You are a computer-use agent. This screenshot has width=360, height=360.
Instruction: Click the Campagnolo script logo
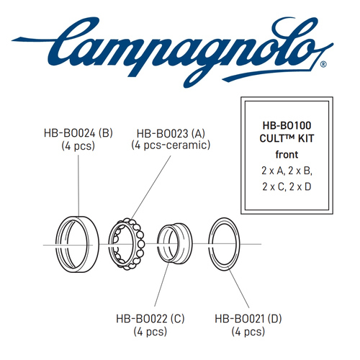click(168, 52)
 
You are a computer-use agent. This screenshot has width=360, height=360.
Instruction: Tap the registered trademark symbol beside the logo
click(323, 65)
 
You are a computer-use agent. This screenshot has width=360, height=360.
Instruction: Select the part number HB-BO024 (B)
click(78, 133)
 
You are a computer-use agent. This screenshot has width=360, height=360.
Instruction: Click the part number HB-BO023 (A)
click(171, 133)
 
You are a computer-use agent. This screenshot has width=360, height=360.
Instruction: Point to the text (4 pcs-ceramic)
click(171, 145)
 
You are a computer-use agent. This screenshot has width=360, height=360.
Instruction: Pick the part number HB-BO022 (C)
click(150, 319)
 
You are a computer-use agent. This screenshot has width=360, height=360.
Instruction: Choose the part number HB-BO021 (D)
click(248, 319)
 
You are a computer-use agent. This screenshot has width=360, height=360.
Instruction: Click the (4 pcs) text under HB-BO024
click(78, 146)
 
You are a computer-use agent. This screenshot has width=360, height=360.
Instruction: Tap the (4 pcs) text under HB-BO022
click(150, 332)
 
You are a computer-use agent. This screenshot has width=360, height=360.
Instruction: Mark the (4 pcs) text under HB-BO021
click(248, 332)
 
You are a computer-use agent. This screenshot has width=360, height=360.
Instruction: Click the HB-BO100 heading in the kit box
click(287, 125)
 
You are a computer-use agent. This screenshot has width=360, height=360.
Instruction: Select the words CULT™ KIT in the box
click(287, 138)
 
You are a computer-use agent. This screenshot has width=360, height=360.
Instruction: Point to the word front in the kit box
click(287, 155)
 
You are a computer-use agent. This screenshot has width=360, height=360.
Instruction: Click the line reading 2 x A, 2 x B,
click(287, 171)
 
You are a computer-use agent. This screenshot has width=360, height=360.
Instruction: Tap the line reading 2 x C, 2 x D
click(287, 186)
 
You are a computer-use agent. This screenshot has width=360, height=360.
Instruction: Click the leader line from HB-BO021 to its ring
click(238, 289)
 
